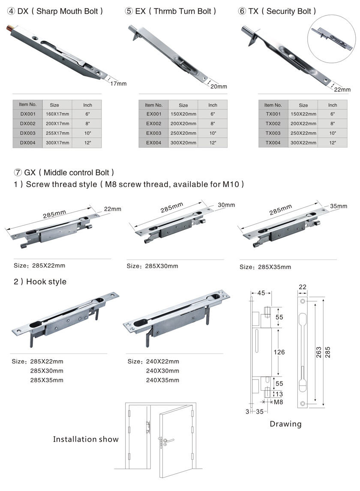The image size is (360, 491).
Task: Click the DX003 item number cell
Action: click(x=27, y=133)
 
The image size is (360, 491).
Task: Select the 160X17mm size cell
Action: click(x=57, y=114)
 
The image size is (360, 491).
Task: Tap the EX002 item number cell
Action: click(x=154, y=124)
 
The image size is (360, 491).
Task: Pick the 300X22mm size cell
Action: click(x=303, y=142)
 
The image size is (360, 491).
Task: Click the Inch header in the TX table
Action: click(x=333, y=105)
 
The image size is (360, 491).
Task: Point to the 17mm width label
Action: click(x=118, y=84)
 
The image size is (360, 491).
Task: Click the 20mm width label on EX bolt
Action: click(x=219, y=87)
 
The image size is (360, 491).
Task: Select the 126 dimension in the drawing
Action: click(x=279, y=352)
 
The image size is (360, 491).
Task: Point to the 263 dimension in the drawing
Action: click(x=319, y=352)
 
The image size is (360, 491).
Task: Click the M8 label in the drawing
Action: click(x=278, y=402)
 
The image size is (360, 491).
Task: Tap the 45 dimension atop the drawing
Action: click(x=261, y=293)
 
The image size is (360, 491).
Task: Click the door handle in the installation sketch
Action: click(x=168, y=441)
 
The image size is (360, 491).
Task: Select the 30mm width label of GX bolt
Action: click(x=226, y=205)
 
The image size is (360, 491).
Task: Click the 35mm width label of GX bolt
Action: click(x=339, y=206)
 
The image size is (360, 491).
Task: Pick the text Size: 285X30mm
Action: click(x=153, y=266)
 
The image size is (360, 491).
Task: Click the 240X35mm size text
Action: click(x=162, y=380)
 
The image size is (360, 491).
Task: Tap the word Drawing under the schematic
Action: click(x=286, y=424)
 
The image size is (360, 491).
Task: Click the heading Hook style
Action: click(x=40, y=281)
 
